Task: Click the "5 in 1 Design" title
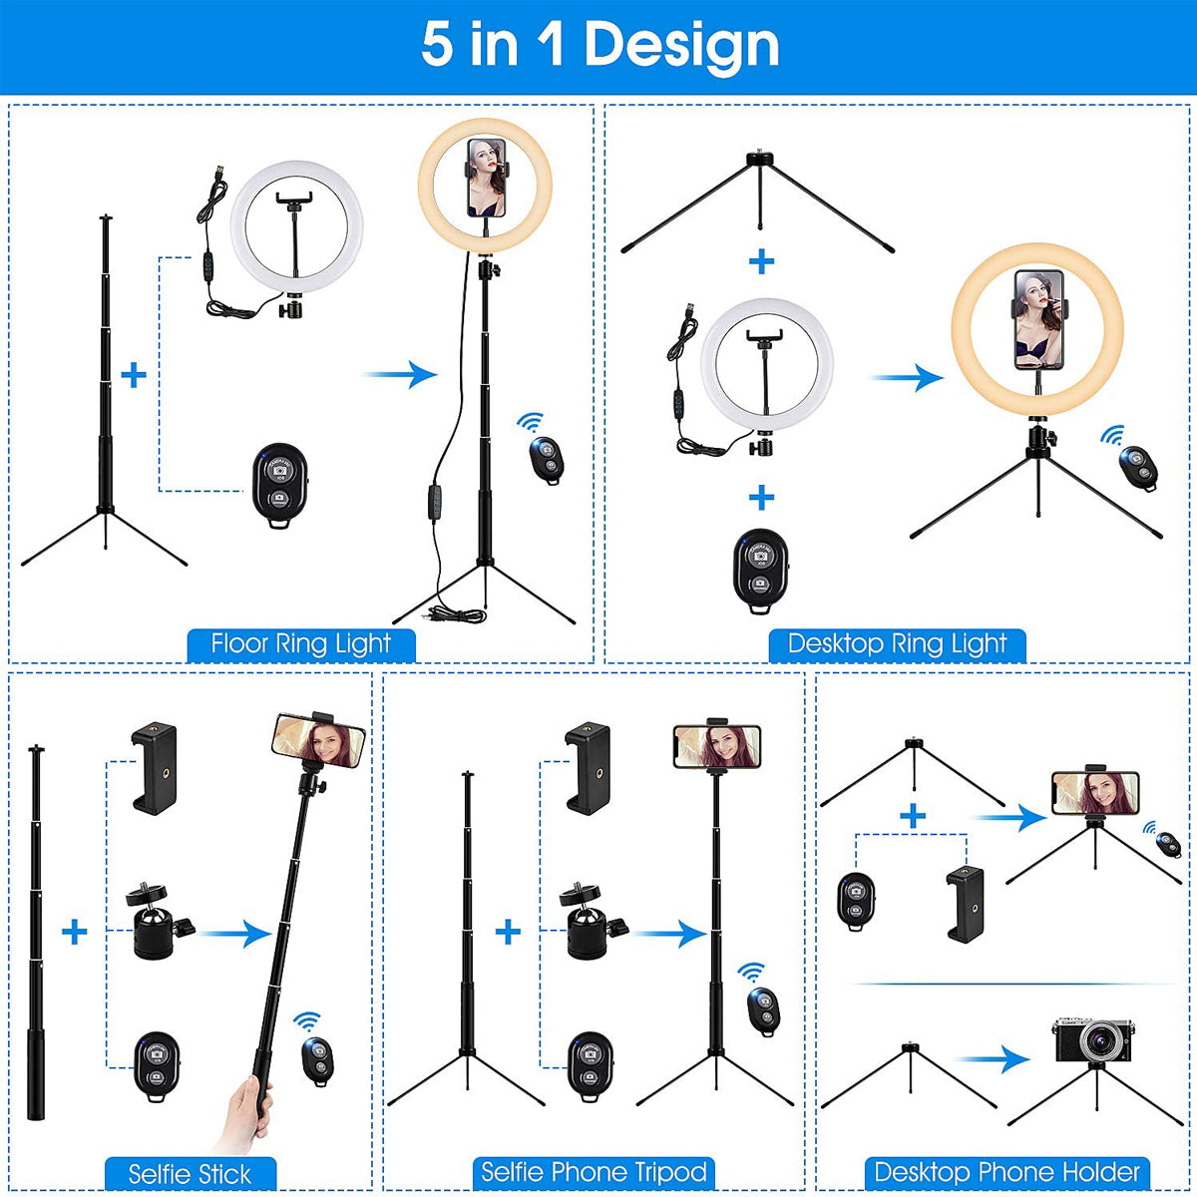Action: (599, 45)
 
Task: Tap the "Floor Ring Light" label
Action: (301, 644)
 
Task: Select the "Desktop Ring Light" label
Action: (897, 644)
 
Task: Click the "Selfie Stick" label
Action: (191, 1174)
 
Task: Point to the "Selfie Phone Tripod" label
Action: (594, 1172)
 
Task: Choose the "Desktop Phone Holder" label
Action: (1006, 1172)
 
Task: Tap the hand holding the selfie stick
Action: (248, 1114)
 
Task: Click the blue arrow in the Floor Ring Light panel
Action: (401, 374)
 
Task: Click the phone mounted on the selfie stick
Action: (318, 740)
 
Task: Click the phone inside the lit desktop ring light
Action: (1038, 319)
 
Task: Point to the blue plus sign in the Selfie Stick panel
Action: (75, 932)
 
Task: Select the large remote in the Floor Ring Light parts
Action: (280, 485)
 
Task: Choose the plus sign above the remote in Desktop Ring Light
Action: (761, 498)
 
